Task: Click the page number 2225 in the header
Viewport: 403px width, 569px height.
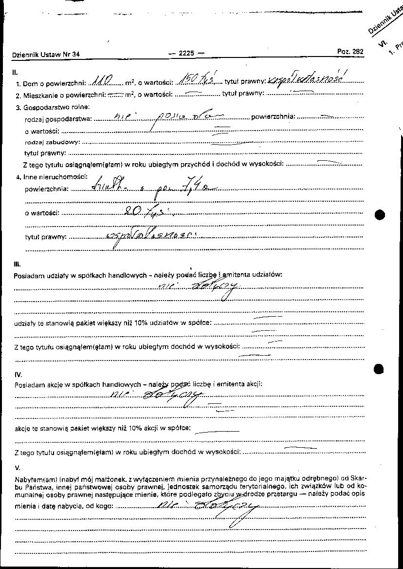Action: (x=186, y=54)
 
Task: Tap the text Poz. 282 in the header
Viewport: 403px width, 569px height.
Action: (x=350, y=52)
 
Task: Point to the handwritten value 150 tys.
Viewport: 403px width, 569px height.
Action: (x=197, y=80)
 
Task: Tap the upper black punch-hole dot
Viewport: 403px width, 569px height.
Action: (x=380, y=214)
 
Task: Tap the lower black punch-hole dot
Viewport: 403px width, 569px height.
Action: (x=380, y=369)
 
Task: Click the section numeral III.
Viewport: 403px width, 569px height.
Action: (x=17, y=264)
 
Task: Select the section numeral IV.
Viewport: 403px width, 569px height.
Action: (x=18, y=375)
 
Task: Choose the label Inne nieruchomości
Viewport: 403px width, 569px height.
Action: (x=55, y=176)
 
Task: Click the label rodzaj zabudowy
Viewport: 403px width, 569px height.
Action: (x=52, y=142)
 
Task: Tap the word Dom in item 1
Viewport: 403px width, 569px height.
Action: (x=30, y=84)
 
